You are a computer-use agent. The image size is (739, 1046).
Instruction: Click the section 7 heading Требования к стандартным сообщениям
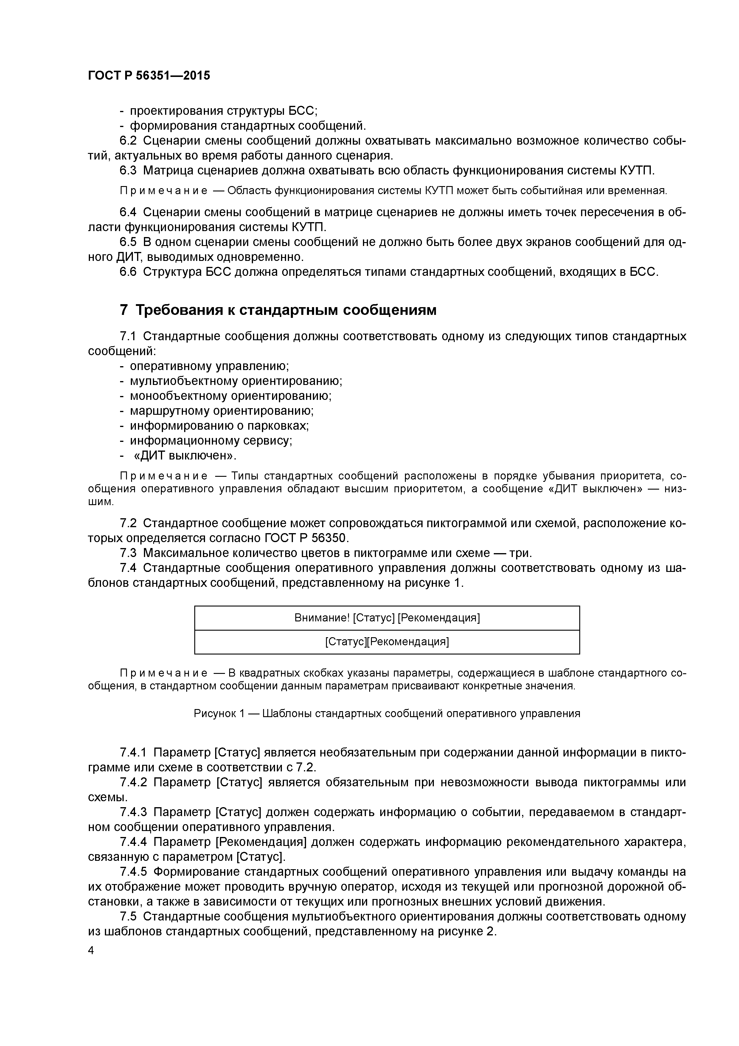click(x=278, y=310)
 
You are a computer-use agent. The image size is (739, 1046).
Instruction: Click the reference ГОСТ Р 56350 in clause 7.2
click(x=306, y=538)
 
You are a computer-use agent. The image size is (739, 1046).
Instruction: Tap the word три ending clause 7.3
click(x=520, y=553)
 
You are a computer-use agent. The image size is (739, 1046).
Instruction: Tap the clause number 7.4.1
click(x=133, y=752)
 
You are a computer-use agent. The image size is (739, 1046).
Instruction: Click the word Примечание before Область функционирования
click(x=164, y=191)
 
